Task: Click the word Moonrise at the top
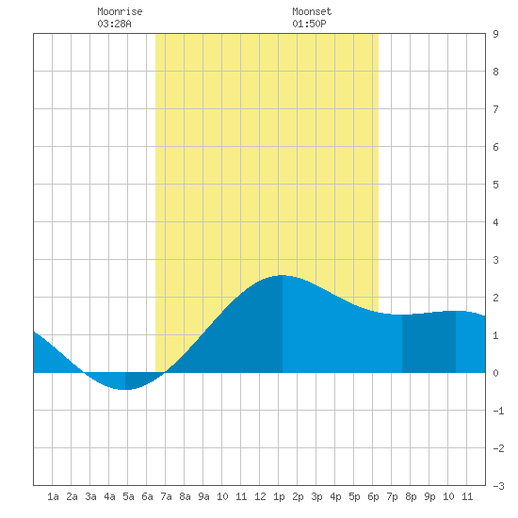120,11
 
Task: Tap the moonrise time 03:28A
114,24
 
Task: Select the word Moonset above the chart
312,11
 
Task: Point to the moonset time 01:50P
309,24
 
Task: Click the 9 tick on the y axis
495,34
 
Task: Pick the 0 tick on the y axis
495,373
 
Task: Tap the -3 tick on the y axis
498,486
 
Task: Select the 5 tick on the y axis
495,185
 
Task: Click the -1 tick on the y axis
498,411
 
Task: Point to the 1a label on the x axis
53,496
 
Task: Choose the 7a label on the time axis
166,496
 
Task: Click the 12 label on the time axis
260,496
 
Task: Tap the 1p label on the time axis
279,496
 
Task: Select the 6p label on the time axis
373,496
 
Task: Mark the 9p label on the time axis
429,496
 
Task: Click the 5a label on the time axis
128,496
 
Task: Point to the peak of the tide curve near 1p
283,275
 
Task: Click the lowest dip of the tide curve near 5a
125,390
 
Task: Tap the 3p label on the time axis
316,496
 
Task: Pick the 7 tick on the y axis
495,109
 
